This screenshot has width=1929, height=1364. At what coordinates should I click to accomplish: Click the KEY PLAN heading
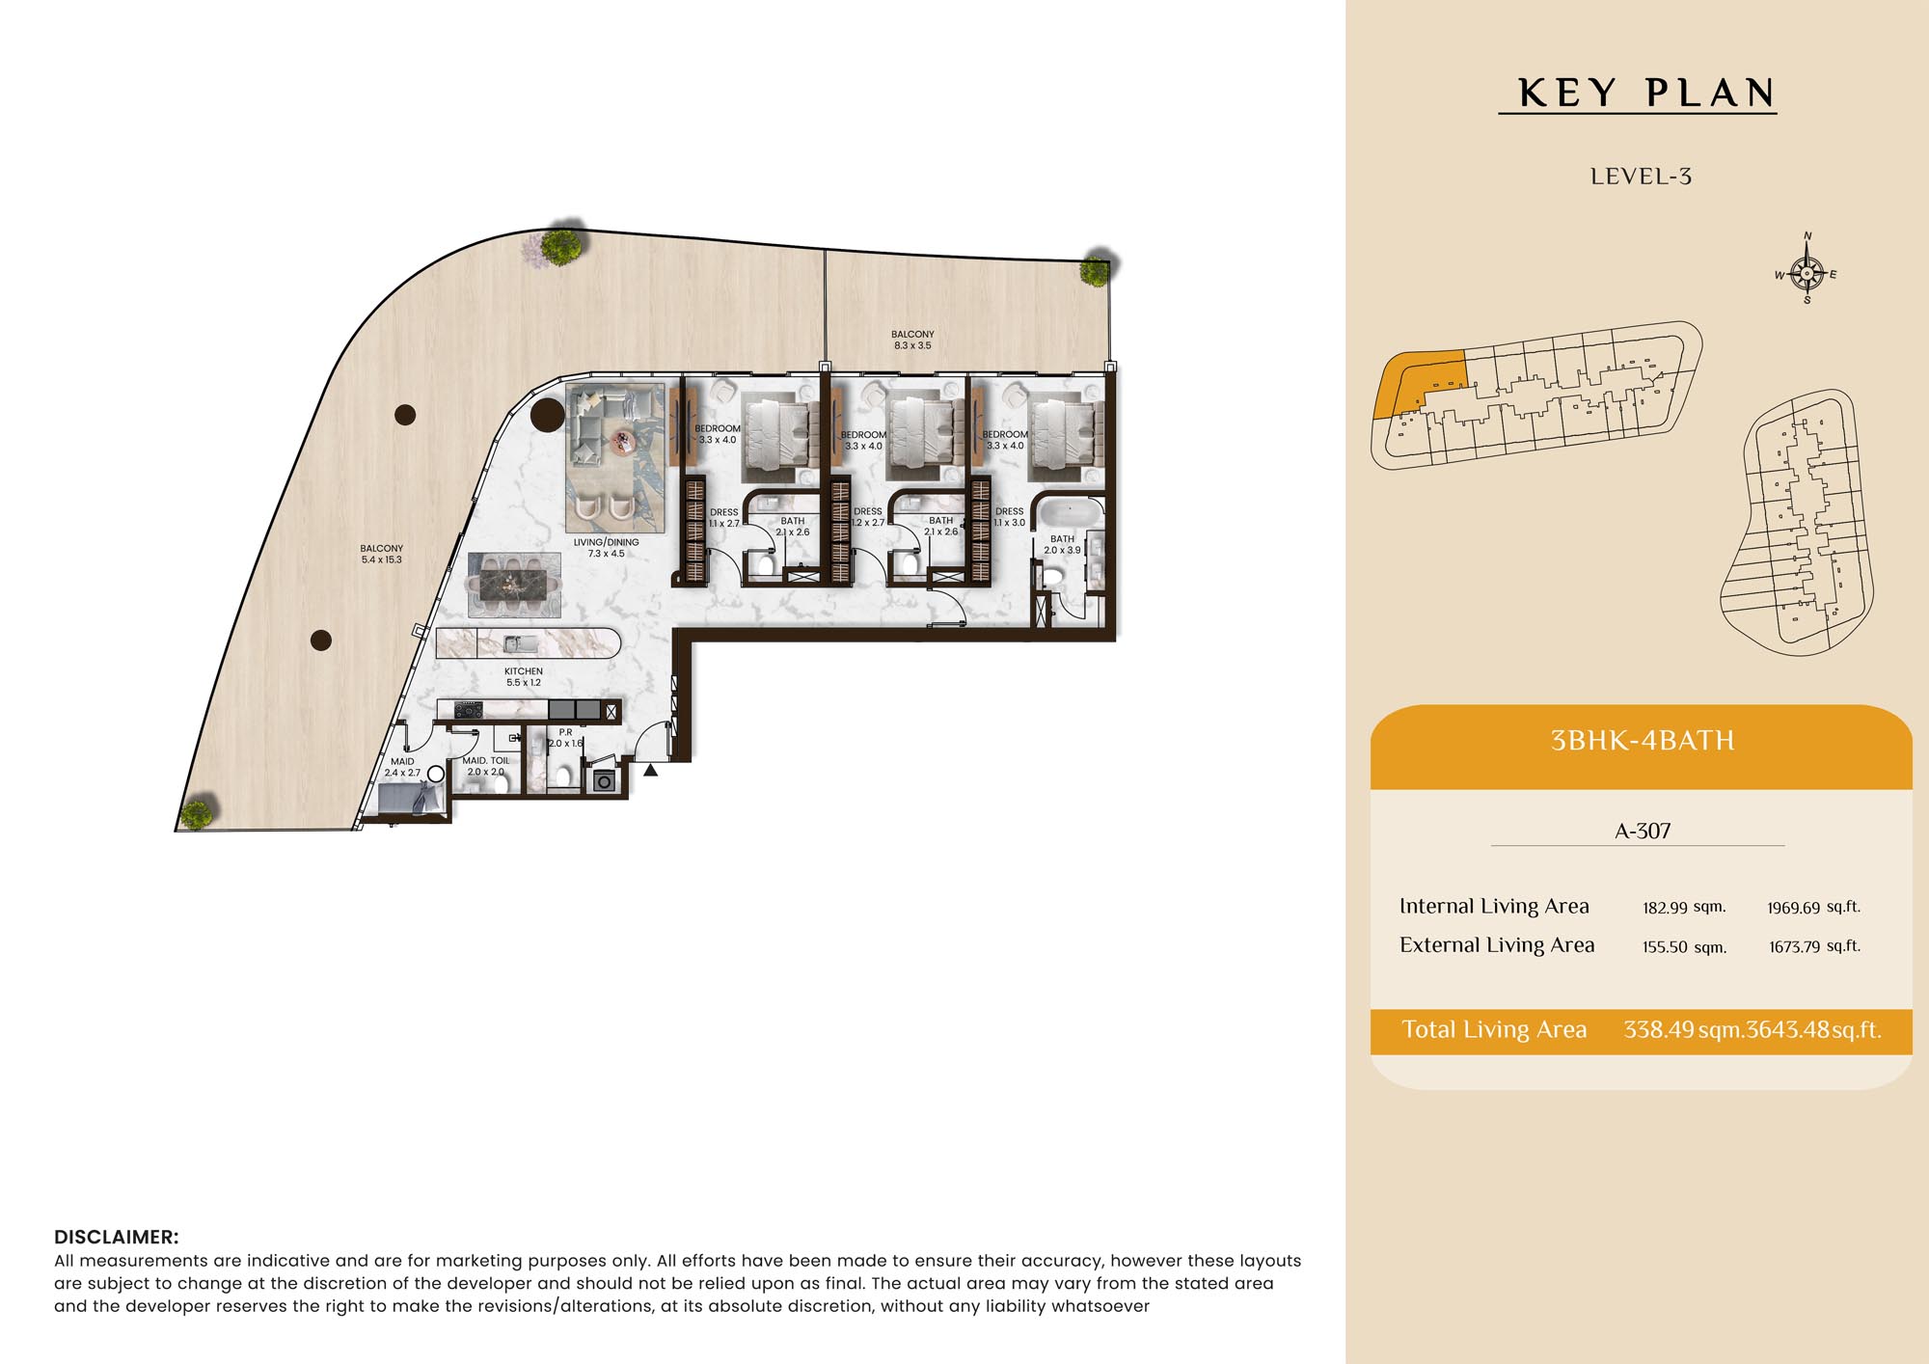point(1646,94)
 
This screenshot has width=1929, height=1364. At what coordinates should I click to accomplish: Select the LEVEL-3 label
point(1641,177)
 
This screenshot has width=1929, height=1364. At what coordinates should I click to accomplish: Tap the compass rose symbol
point(1807,273)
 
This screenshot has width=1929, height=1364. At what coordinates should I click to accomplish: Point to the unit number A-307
point(1643,831)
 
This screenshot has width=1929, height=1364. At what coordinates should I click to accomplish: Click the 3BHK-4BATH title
point(1642,741)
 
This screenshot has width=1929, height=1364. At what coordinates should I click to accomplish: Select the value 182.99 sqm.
point(1684,907)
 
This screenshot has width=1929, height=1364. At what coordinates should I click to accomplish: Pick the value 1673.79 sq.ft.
point(1814,946)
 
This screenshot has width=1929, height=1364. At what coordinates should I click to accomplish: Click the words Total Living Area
point(1494,1029)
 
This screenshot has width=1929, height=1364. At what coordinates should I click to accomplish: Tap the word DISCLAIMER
point(117,1237)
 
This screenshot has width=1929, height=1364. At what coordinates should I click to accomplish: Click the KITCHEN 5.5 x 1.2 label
point(524,676)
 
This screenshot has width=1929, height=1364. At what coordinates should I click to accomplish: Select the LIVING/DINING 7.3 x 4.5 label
point(606,548)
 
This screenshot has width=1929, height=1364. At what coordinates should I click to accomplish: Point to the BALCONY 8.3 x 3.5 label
point(912,340)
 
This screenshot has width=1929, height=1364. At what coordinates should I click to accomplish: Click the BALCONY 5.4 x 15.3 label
point(382,554)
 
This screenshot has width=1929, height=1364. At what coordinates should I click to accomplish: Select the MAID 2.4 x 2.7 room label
point(402,767)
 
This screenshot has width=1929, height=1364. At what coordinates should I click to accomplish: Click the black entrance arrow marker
point(651,770)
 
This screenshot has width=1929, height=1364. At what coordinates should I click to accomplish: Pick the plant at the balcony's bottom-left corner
point(197,814)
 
